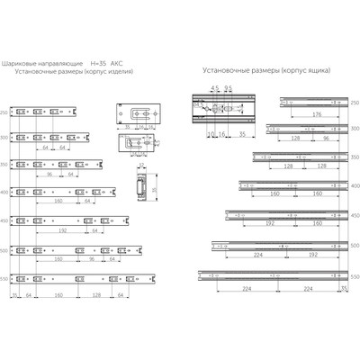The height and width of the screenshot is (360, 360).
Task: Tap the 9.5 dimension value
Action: [229, 89]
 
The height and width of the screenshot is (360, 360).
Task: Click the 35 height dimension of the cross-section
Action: [153, 190]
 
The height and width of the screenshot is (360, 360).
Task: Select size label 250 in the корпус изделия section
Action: [4, 112]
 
